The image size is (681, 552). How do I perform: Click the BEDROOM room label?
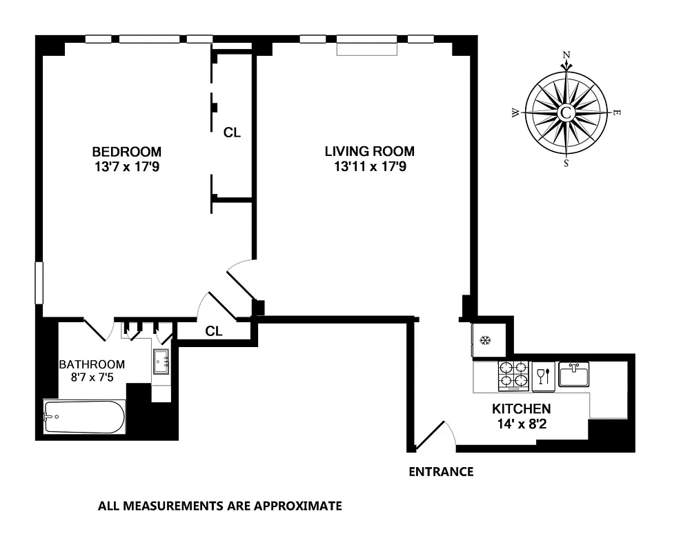(127, 152)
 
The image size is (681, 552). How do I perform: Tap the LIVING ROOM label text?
(370, 152)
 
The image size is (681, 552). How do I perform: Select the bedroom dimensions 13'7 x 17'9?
(127, 166)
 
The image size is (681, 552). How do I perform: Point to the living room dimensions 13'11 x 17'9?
(370, 166)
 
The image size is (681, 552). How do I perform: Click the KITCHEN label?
(521, 408)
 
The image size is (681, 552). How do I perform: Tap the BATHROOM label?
(92, 364)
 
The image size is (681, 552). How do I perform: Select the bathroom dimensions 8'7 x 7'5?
(92, 377)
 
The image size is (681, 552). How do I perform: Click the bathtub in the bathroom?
(84, 417)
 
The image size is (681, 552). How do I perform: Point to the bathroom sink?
(161, 361)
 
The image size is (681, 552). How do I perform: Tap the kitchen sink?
(573, 375)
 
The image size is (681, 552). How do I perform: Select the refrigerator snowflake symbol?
(485, 340)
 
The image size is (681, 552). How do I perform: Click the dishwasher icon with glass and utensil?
(543, 375)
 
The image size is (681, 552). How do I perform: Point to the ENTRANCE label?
(441, 473)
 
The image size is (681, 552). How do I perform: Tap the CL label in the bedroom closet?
(233, 132)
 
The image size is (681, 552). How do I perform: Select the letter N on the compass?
(566, 55)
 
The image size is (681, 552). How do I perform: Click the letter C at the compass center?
(566, 112)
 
